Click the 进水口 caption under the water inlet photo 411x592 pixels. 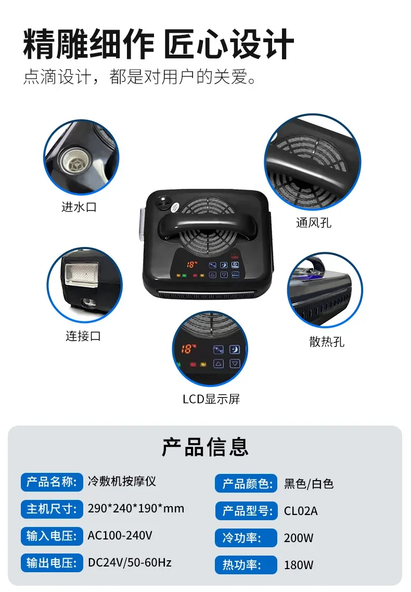point(79,207)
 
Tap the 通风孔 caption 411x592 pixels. point(314,223)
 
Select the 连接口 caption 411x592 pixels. point(83,336)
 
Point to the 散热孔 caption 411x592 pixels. point(327,342)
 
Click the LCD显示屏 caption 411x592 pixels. point(211,399)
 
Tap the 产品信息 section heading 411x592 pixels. point(205,447)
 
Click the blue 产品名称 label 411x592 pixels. point(52,482)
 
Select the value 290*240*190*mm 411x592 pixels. point(136,509)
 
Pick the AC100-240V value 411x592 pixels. point(120,535)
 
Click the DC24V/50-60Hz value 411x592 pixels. point(130,562)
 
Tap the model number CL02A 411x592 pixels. point(301,511)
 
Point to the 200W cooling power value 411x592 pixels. point(299,538)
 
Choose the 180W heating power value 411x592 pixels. point(299,565)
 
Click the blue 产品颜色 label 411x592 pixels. point(246,484)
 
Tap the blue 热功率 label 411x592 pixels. point(246,565)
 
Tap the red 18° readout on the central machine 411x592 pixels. point(192,264)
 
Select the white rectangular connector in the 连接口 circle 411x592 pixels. point(82,272)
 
